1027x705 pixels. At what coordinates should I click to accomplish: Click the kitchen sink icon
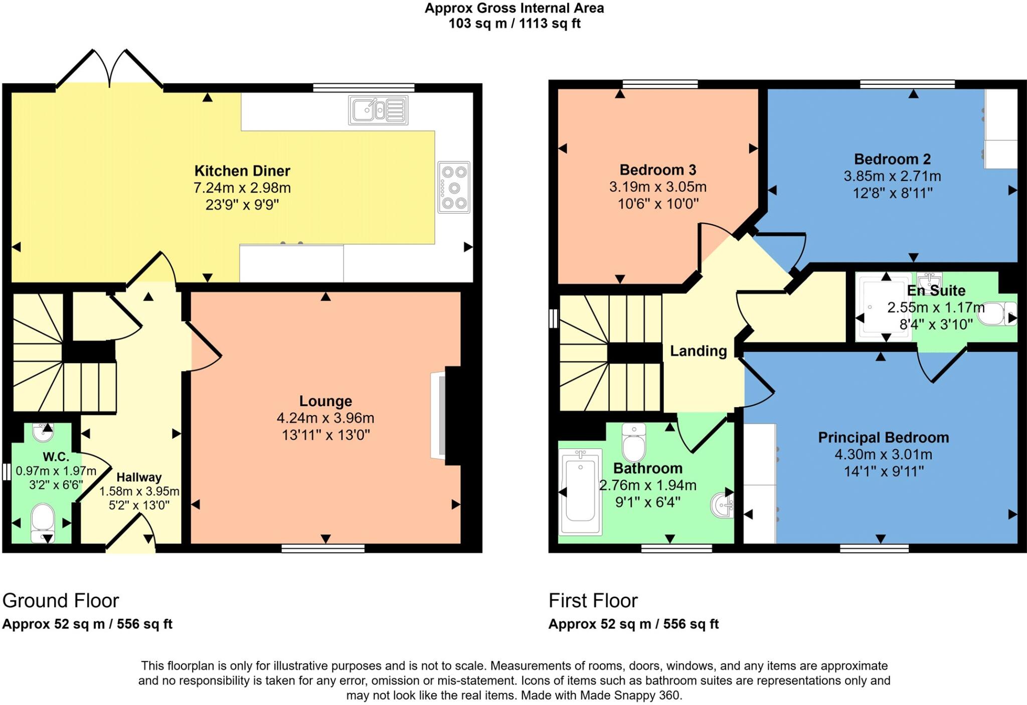pos(378,110)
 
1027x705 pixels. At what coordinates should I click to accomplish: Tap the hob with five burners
pos(454,188)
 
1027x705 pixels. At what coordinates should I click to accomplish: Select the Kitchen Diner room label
pos(242,171)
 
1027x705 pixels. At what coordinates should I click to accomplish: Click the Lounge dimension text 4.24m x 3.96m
pos(325,418)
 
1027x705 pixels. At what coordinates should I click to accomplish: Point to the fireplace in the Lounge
pos(439,416)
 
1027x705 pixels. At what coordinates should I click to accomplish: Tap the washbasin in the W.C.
pos(43,432)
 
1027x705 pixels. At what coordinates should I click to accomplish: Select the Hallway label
pos(139,477)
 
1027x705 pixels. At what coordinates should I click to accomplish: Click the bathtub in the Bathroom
pos(580,492)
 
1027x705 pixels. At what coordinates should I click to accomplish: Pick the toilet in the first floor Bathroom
pos(634,442)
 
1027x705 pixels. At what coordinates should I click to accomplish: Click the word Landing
pos(698,351)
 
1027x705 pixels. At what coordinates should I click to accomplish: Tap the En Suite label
pos(936,291)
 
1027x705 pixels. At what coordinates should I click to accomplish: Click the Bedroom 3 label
pos(657,170)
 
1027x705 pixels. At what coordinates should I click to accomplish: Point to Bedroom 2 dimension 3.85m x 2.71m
pos(892,177)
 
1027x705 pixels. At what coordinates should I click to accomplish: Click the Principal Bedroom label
pos(883,438)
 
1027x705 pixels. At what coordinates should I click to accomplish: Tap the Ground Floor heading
pos(61,601)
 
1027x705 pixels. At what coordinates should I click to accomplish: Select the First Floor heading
pos(593,601)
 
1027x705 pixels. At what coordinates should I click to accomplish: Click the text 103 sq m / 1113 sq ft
pos(514,24)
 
